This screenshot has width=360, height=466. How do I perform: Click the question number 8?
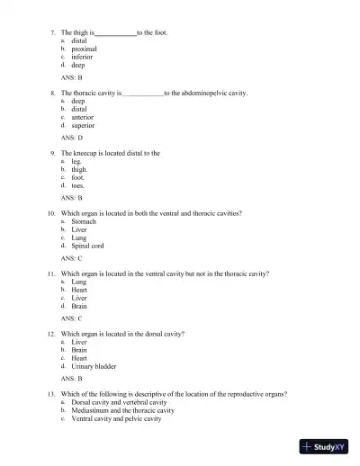54,93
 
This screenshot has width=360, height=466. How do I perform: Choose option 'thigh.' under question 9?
80,169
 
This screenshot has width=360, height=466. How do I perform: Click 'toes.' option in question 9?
78,185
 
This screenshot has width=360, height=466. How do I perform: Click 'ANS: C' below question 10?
72,258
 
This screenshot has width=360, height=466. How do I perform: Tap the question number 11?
53,273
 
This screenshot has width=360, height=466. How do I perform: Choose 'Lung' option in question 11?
79,282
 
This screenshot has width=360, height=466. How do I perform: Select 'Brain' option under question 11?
79,306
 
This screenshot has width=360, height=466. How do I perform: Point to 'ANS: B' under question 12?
72,379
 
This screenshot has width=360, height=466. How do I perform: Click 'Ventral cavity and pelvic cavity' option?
117,418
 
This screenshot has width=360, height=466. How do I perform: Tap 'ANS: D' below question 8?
72,138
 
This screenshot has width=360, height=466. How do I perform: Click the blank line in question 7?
115,33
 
